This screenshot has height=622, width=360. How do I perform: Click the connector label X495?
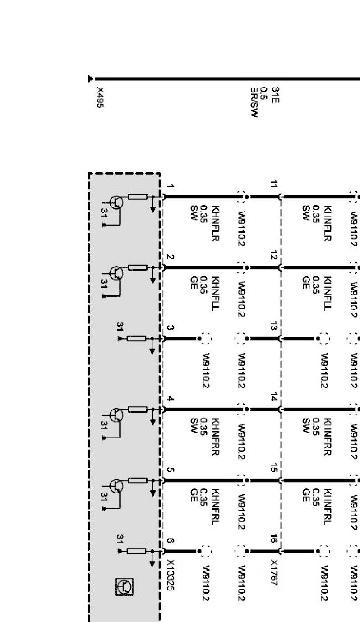[x=100, y=100]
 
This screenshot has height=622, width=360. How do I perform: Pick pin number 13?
[x=273, y=327]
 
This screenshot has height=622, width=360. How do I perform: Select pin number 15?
[x=273, y=469]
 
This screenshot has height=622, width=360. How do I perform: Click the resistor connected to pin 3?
[x=137, y=338]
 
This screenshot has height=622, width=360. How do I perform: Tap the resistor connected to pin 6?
[x=137, y=551]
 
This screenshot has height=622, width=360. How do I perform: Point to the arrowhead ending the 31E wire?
[x=91, y=79]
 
